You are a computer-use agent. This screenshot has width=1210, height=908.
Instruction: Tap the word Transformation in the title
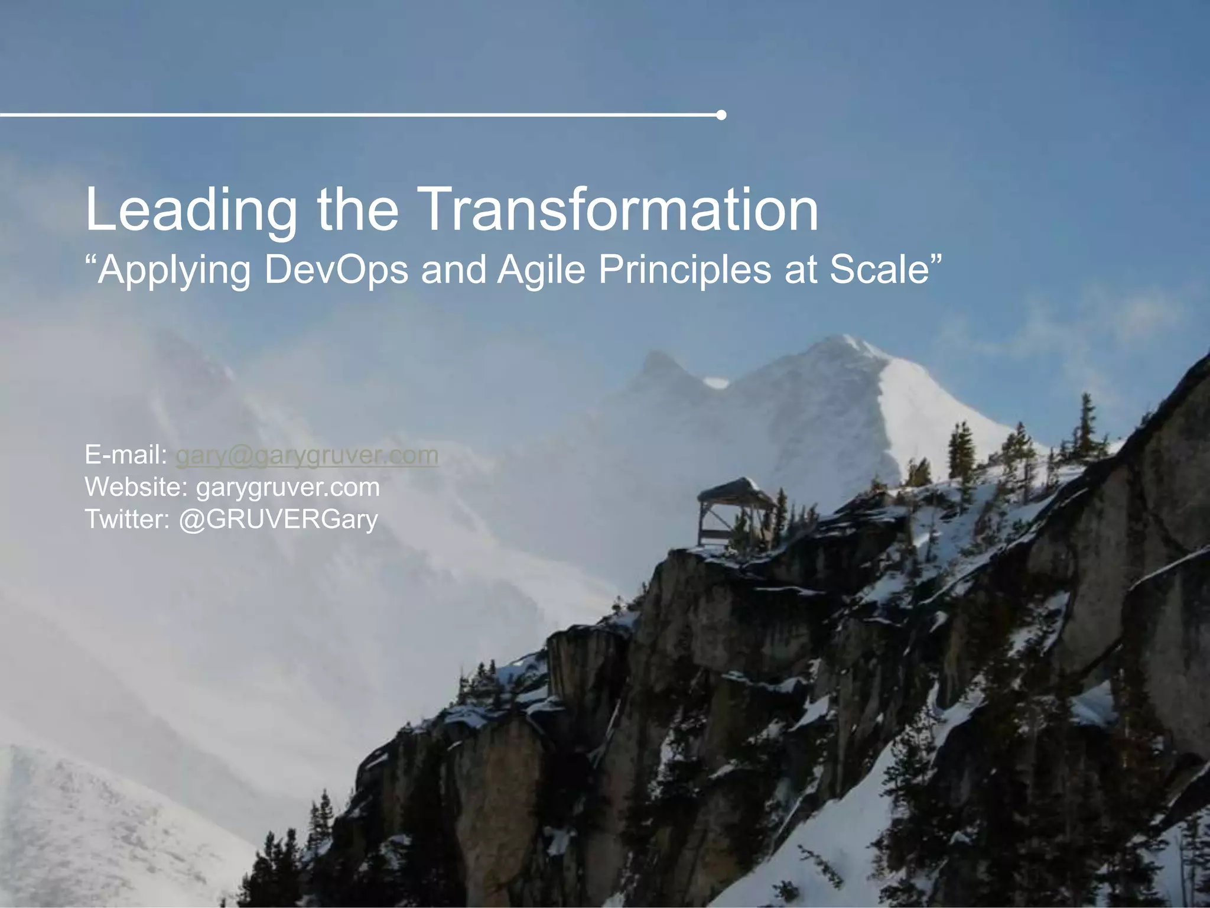click(x=620, y=209)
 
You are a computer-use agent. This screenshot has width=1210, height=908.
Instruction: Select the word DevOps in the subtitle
click(x=336, y=270)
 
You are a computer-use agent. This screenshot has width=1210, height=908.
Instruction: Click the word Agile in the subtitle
click(x=544, y=270)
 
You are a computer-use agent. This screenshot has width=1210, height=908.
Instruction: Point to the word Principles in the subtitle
click(x=685, y=270)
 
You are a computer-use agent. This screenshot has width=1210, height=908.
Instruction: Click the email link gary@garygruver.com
click(x=307, y=455)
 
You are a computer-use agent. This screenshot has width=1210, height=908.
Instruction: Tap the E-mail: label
click(x=126, y=455)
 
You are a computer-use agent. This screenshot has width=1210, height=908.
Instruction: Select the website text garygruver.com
click(x=288, y=487)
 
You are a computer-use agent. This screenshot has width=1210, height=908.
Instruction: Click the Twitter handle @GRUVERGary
click(x=278, y=519)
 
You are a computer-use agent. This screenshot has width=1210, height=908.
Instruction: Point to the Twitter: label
click(x=128, y=519)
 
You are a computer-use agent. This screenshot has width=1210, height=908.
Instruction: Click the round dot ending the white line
click(x=721, y=115)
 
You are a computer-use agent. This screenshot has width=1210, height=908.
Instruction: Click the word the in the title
click(x=358, y=209)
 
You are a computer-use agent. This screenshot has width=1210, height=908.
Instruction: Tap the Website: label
click(x=136, y=487)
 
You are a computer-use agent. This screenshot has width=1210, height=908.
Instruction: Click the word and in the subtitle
click(x=453, y=270)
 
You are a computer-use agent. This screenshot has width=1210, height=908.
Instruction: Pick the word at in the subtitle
click(x=801, y=270)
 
